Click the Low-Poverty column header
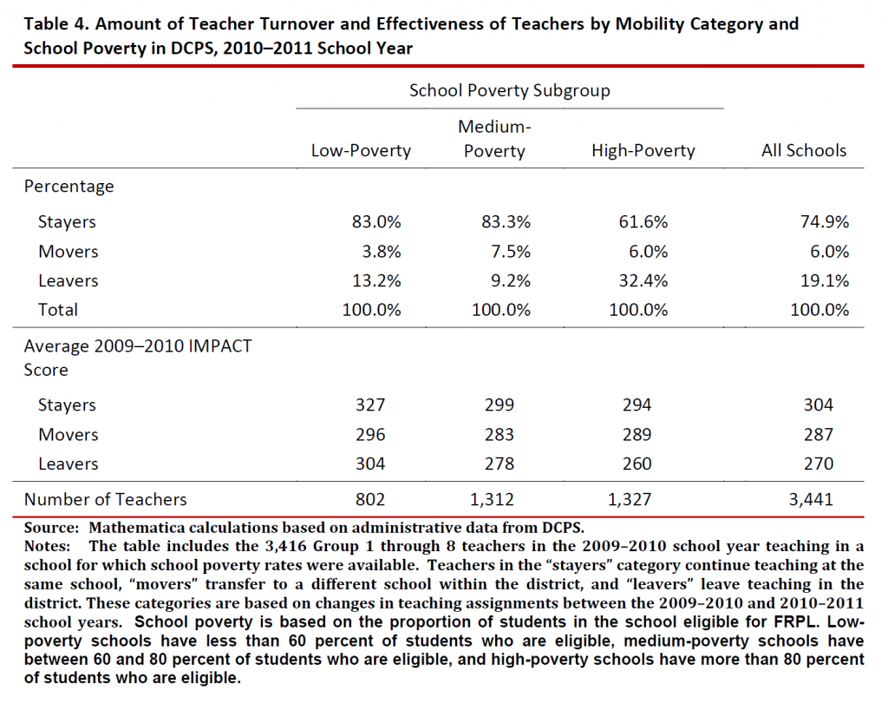361,150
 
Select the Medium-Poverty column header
494,139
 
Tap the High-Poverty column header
643,150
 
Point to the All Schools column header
804,150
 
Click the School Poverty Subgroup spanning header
510,90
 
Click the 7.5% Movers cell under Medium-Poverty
500,251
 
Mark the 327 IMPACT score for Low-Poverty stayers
370,405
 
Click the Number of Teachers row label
105,498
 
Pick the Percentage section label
69,186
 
